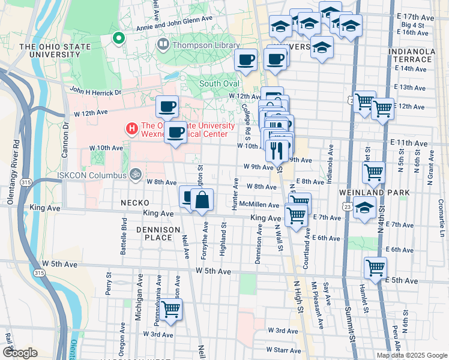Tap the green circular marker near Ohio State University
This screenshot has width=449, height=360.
point(119,40)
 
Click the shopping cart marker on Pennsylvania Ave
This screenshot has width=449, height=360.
point(171,309)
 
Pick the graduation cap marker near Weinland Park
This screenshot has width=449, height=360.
point(364,209)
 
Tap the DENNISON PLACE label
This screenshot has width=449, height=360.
point(158,233)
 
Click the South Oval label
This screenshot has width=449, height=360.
point(219,83)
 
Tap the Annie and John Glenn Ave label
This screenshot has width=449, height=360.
point(175,19)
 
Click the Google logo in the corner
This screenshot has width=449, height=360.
point(19,352)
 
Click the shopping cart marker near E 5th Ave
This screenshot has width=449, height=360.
point(375,268)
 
